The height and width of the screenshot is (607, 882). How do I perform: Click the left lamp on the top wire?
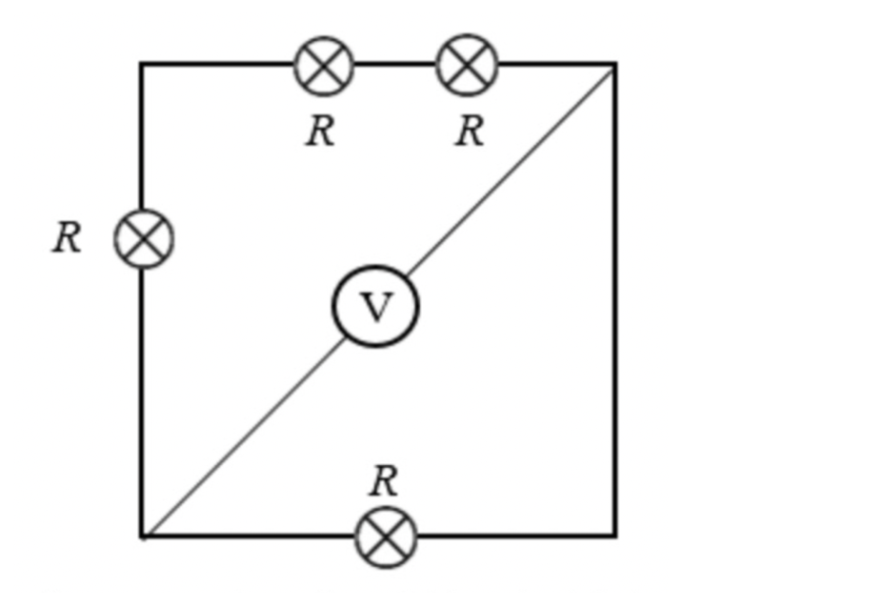(324, 66)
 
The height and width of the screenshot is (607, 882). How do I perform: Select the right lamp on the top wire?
(468, 65)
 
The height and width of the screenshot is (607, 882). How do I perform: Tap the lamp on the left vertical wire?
(144, 238)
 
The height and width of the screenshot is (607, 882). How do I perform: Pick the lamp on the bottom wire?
(386, 537)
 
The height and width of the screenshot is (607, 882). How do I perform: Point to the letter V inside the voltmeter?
(375, 307)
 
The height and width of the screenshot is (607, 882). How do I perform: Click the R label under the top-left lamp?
(321, 132)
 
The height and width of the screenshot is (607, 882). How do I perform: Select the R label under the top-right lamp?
(470, 132)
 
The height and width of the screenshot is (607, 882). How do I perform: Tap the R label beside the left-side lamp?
(68, 237)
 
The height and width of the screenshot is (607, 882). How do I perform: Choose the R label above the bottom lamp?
(384, 481)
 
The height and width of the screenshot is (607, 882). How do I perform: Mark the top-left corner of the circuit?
(141, 65)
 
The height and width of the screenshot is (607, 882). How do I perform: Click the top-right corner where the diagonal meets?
(616, 65)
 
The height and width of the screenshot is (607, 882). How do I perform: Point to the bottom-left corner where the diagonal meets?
(142, 536)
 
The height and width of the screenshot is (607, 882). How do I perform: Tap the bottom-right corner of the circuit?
(616, 536)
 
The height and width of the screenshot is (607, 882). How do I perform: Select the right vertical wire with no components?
(616, 300)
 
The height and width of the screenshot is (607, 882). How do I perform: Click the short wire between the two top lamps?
(396, 65)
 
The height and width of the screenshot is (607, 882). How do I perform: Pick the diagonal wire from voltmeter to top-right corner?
(511, 171)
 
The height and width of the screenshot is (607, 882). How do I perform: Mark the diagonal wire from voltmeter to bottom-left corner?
(244, 436)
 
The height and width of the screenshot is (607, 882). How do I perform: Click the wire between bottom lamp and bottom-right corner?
(516, 536)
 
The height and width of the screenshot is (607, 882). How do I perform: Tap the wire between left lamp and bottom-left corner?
(141, 402)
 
